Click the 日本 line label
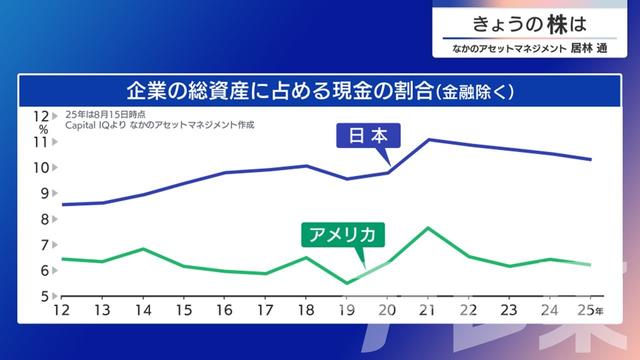(367, 136)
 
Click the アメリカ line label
(342, 236)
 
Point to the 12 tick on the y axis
(42, 116)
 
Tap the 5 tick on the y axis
(45, 296)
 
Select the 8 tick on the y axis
(45, 219)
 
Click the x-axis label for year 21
(429, 310)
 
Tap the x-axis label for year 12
(62, 310)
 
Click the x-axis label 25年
(592, 310)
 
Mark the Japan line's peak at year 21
(429, 139)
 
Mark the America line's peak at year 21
(429, 228)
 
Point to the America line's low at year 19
(347, 283)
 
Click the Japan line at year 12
(63, 204)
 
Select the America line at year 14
(144, 249)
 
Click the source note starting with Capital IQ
(160, 126)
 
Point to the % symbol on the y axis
(43, 129)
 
